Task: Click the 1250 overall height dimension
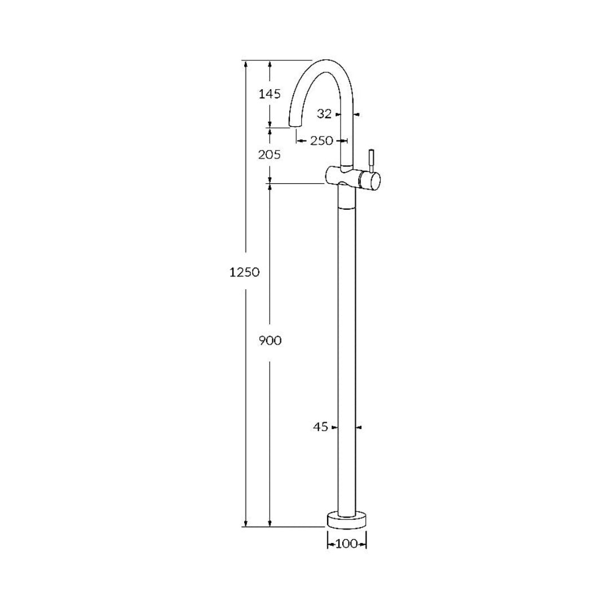(x=244, y=272)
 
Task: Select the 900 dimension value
(x=270, y=341)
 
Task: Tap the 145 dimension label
(x=270, y=94)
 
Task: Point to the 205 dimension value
(x=270, y=154)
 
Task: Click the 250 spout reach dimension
(x=321, y=141)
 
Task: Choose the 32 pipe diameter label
(x=324, y=114)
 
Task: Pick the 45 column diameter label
(x=320, y=428)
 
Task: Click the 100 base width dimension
(x=347, y=544)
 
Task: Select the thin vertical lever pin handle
(x=371, y=160)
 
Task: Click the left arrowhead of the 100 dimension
(x=330, y=544)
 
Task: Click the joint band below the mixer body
(x=347, y=206)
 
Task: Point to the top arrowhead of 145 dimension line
(x=270, y=64)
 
